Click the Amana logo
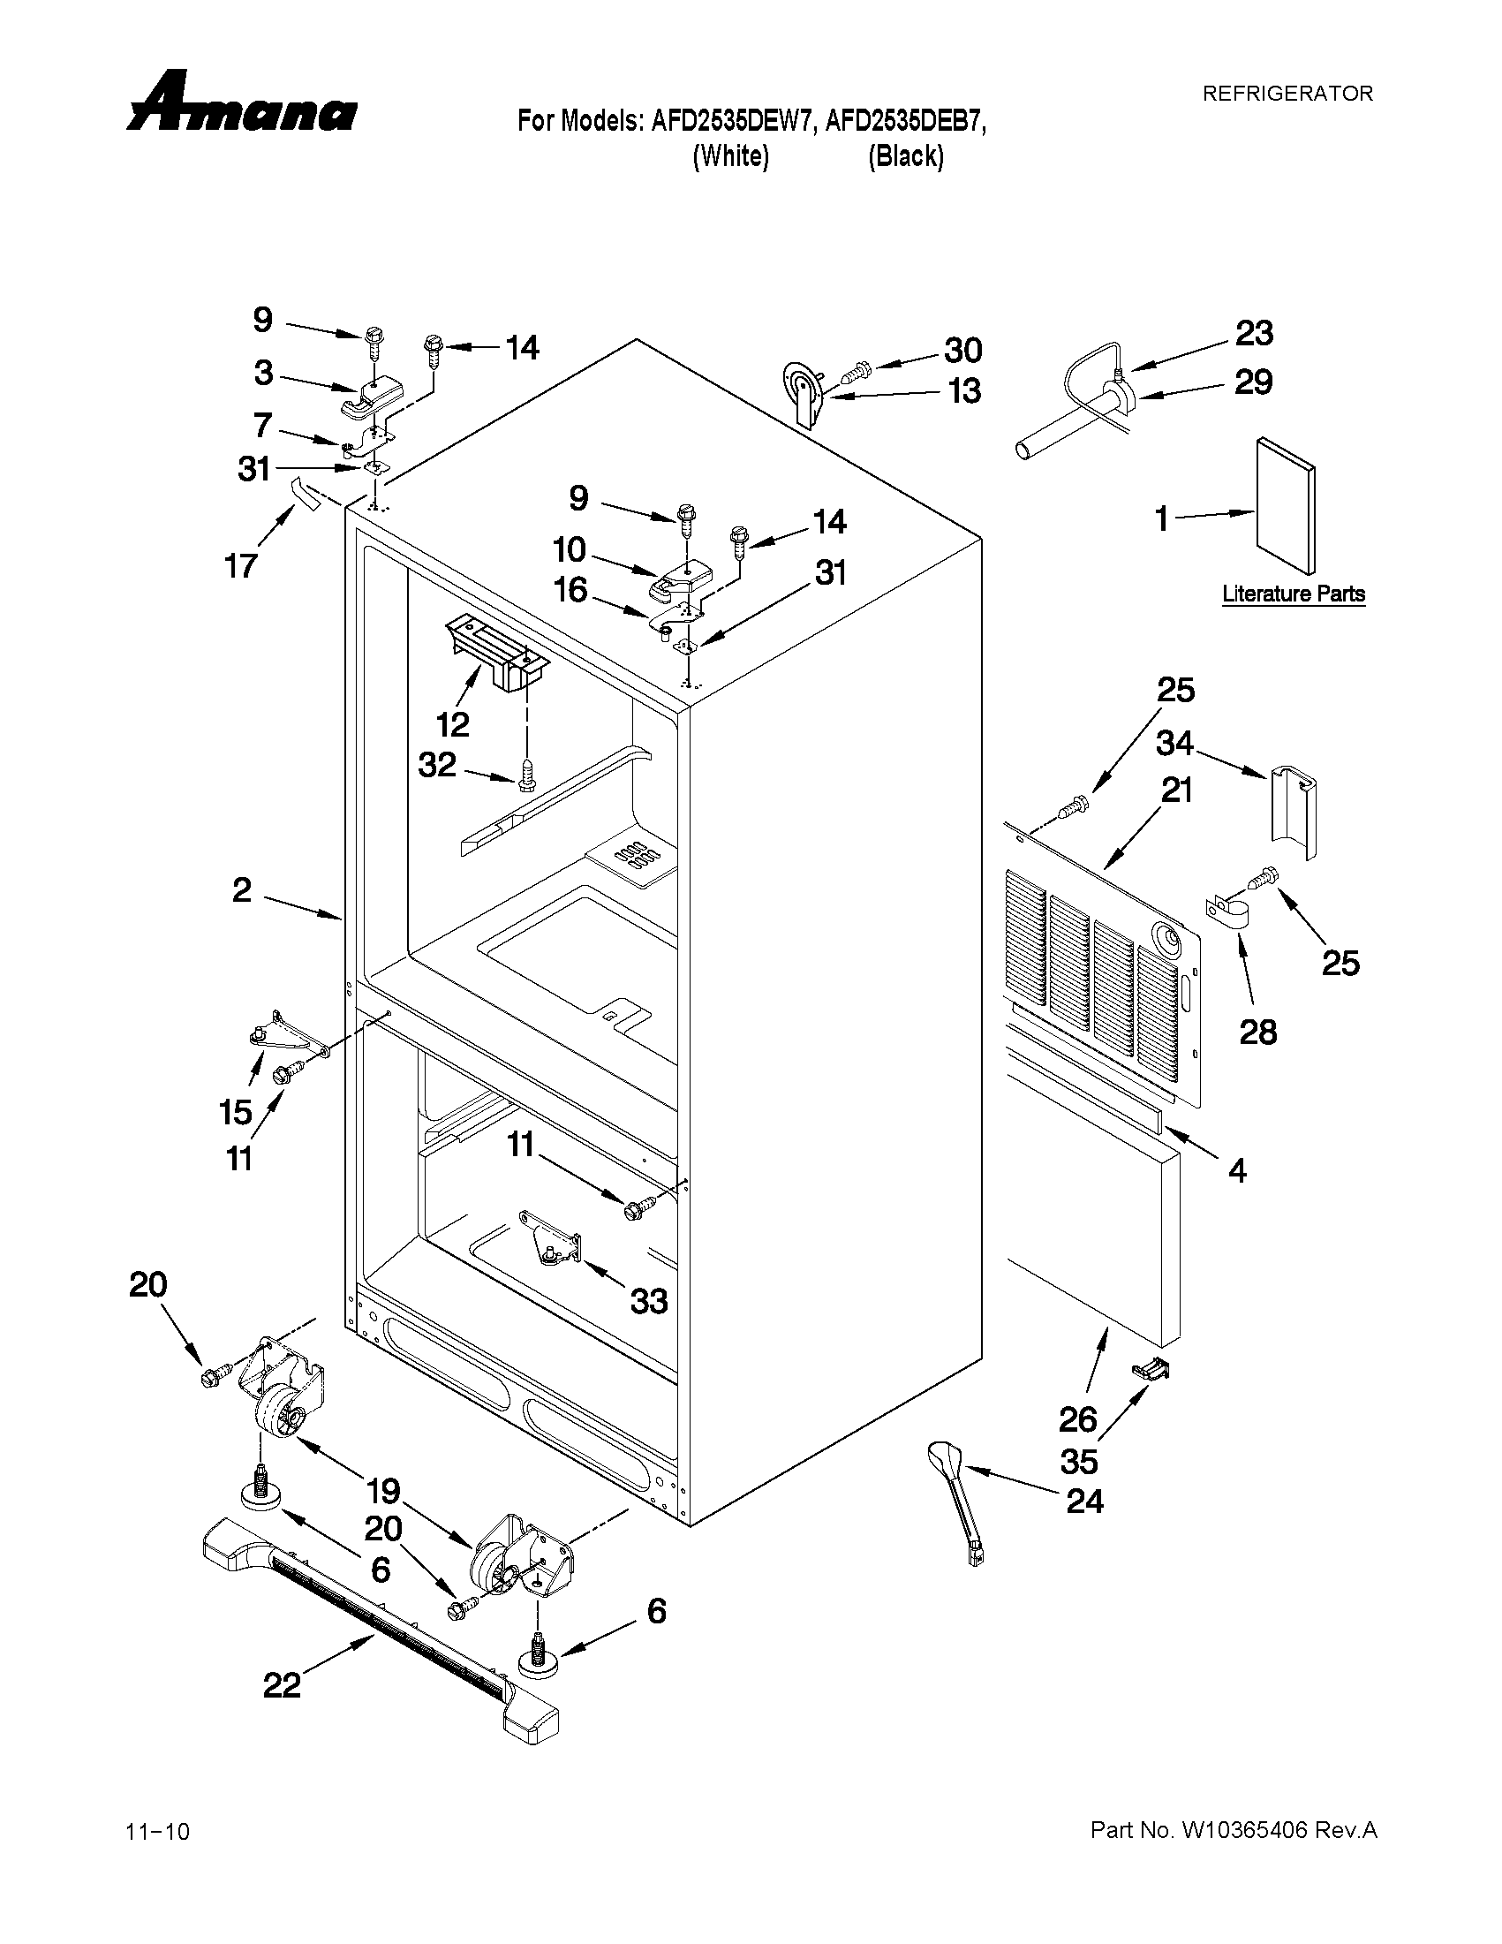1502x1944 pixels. click(242, 105)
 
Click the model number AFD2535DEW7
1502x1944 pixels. click(732, 121)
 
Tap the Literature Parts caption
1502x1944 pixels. click(1293, 594)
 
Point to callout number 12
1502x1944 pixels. click(452, 724)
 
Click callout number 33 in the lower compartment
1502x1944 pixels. click(649, 1301)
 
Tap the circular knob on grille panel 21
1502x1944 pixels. click(1166, 938)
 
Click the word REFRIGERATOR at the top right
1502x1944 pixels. click(1287, 94)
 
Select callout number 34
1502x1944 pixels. click(1174, 743)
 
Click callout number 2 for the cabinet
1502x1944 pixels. click(242, 889)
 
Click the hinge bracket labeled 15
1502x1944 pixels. click(275, 1034)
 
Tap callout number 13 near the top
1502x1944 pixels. click(964, 390)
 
